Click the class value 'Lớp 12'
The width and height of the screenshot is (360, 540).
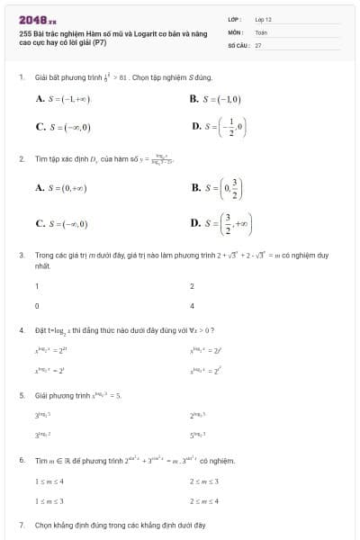point(262,18)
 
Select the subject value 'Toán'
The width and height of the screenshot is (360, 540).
point(260,31)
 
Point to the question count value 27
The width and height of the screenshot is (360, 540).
point(258,43)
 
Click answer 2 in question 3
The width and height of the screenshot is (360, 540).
point(193,286)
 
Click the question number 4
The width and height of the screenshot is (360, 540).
point(22,329)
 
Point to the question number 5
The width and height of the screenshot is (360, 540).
point(22,394)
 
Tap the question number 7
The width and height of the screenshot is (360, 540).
point(22,524)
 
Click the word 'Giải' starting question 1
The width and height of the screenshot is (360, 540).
point(40,77)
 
